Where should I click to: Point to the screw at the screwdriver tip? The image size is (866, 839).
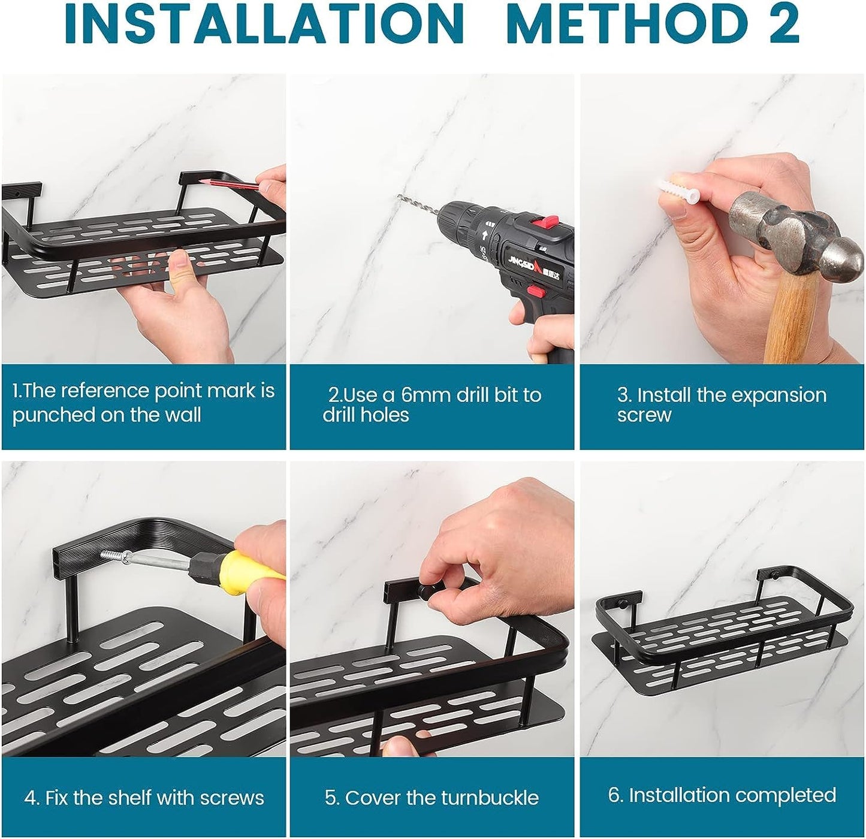115,556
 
